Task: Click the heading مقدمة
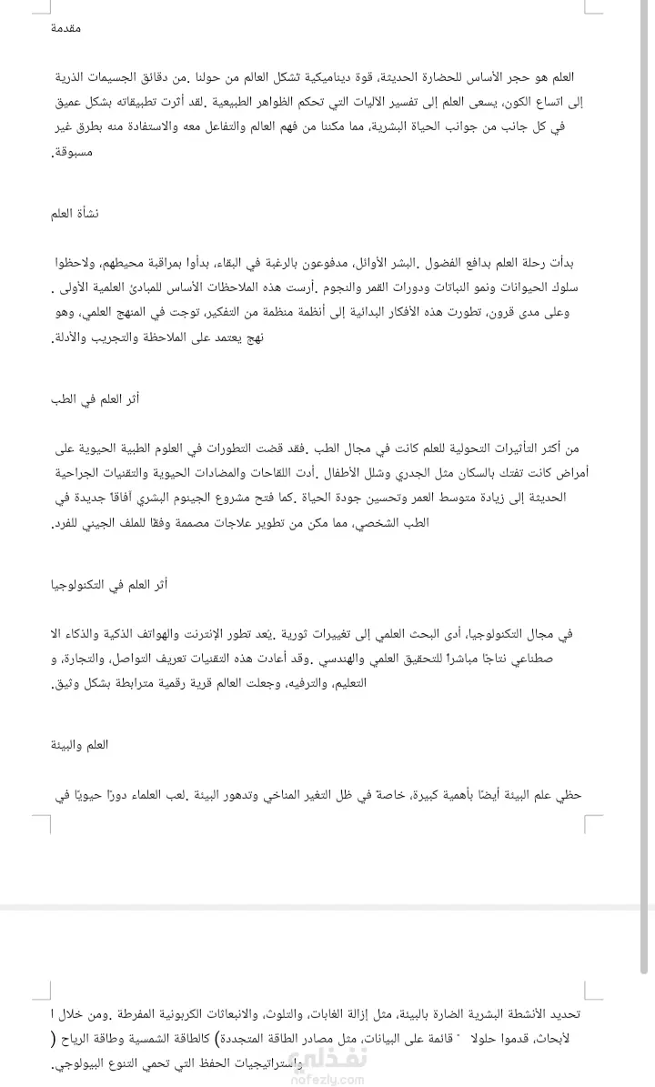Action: tap(67, 29)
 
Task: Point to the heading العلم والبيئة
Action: tap(81, 745)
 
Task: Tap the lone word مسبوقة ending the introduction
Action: tap(74, 156)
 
